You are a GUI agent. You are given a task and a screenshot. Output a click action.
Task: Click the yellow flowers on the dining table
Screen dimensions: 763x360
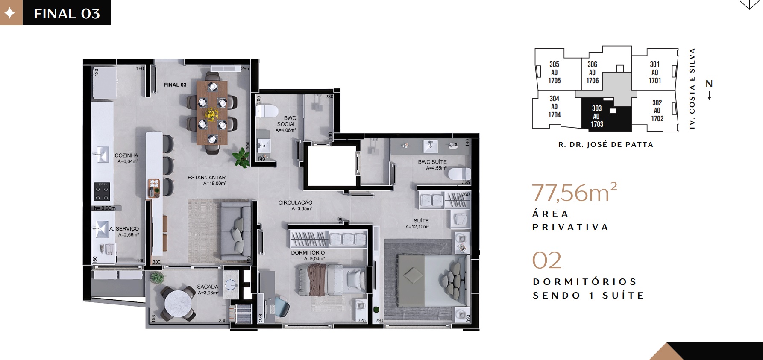pyautogui.click(x=211, y=114)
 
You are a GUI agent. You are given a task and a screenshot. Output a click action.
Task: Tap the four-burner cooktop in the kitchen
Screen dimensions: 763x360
pyautogui.click(x=102, y=191)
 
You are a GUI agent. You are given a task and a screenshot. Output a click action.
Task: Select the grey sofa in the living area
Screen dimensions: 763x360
pyautogui.click(x=235, y=231)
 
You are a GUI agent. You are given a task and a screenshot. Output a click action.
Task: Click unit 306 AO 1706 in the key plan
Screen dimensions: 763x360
pyautogui.click(x=592, y=73)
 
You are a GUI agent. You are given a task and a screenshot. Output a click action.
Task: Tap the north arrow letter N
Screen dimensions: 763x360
pyautogui.click(x=709, y=84)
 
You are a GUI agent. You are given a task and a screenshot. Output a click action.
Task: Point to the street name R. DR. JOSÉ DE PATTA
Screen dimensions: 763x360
pyautogui.click(x=606, y=145)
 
